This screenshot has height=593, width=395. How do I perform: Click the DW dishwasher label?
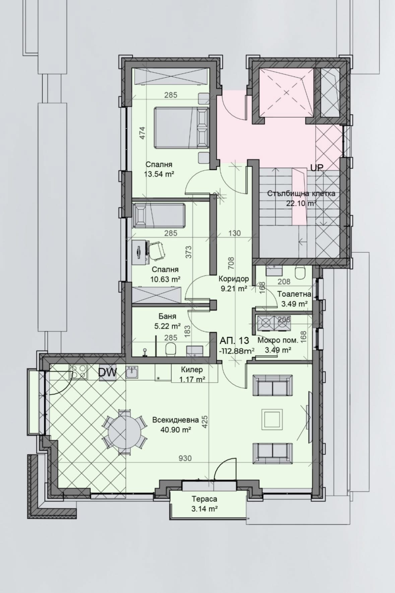tap(108, 372)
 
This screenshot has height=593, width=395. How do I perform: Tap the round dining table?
tap(124, 431)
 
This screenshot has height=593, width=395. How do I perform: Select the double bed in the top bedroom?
tap(181, 127)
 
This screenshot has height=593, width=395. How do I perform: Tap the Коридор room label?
tap(234, 279)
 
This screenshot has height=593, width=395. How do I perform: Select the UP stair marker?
tap(316, 168)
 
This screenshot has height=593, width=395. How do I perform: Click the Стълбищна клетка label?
tap(301, 193)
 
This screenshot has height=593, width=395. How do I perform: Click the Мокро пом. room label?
tap(278, 340)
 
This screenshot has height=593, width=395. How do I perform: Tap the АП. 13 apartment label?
tap(235, 341)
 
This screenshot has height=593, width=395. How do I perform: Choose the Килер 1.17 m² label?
tap(192, 370)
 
